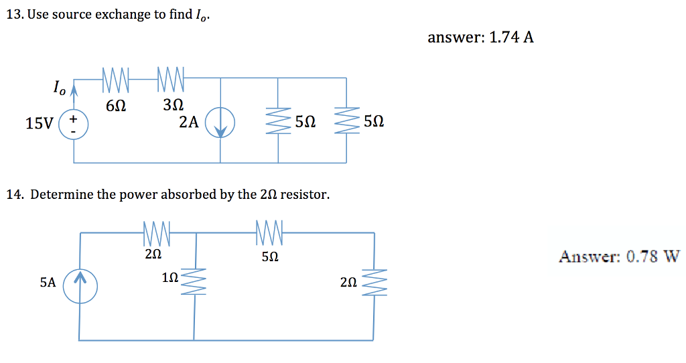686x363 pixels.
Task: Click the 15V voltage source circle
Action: (x=73, y=125)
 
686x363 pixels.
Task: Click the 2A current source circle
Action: (x=220, y=125)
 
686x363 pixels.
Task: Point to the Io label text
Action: (x=60, y=87)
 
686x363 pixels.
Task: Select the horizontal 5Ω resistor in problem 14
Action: (x=271, y=233)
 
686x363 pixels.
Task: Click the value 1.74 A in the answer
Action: (x=512, y=38)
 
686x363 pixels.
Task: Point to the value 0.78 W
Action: (x=653, y=257)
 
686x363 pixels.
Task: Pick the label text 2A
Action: (x=189, y=123)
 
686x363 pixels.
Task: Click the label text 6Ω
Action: (x=116, y=106)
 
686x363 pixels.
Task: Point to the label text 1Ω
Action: (x=170, y=277)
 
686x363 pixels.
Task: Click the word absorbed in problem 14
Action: (x=186, y=195)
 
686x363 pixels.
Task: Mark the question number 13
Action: (x=13, y=15)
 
